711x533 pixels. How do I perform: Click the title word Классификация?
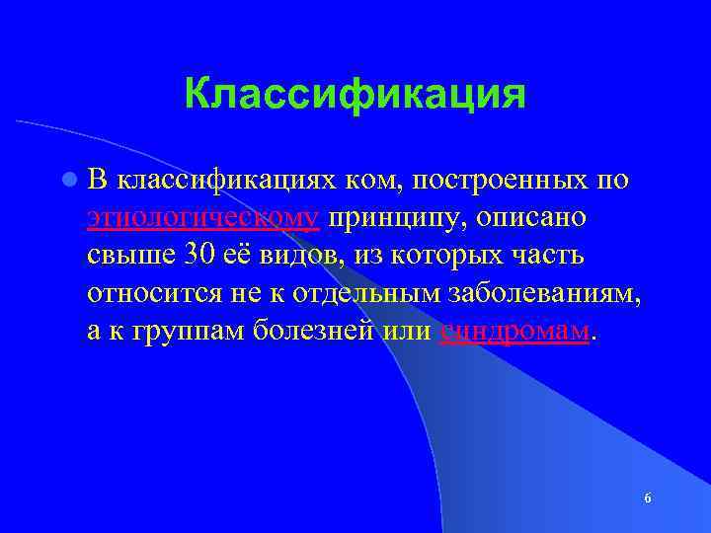point(355,95)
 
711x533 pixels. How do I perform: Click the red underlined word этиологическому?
point(202,218)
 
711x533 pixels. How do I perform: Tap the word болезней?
point(308,331)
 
